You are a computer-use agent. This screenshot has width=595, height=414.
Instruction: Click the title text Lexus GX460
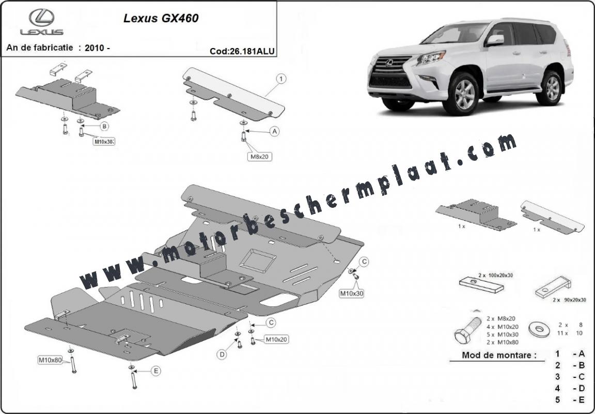click(161, 18)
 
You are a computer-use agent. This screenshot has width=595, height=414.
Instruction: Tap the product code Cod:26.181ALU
click(242, 51)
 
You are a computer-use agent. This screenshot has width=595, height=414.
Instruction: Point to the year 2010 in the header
click(95, 48)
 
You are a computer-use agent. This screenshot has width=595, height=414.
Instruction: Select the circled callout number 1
click(281, 79)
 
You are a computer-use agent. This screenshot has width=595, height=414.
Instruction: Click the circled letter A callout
click(274, 131)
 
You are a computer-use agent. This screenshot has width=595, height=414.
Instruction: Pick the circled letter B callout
click(104, 126)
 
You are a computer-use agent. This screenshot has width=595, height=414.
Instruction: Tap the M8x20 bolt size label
click(260, 156)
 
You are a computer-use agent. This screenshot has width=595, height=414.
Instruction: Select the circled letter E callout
click(155, 371)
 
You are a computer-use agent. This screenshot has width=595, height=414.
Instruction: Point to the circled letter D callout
click(222, 355)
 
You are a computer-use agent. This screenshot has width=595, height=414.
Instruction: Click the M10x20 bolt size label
click(276, 339)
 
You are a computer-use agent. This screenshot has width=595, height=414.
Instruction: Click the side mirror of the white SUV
click(495, 40)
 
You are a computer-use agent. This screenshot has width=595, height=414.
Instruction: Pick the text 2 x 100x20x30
click(495, 274)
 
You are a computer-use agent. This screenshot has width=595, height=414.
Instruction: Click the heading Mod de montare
click(499, 356)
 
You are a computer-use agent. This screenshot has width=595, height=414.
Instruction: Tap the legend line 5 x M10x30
click(503, 334)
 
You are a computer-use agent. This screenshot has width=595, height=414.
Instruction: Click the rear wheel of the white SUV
click(549, 87)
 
